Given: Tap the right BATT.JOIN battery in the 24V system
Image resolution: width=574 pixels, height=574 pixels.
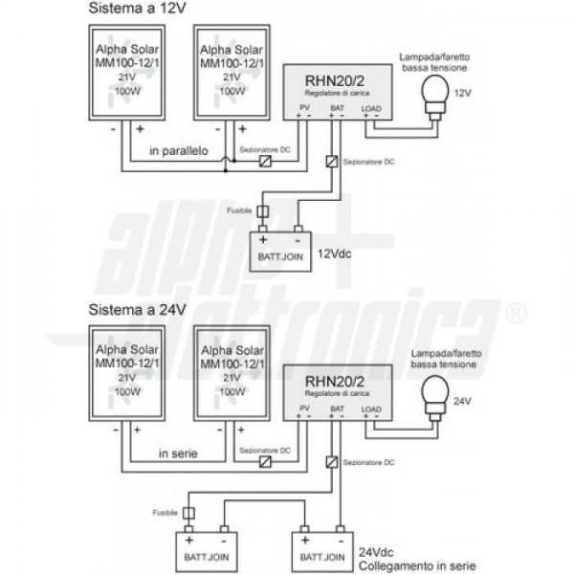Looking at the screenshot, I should pyautogui.click(x=320, y=552).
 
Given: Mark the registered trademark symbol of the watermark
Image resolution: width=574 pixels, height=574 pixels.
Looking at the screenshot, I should pyautogui.click(x=514, y=312).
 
